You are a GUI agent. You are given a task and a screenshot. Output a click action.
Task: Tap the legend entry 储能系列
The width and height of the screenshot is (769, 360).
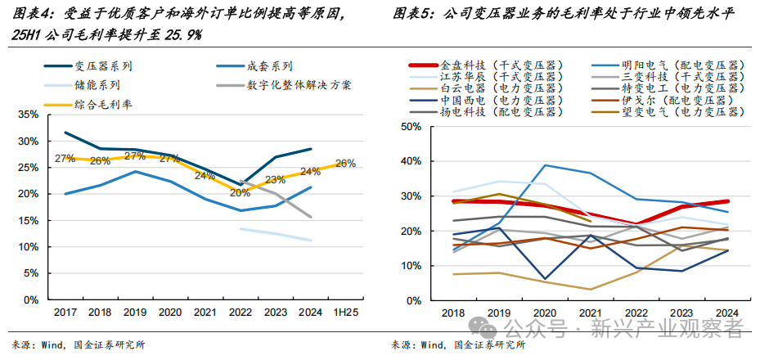(97, 85)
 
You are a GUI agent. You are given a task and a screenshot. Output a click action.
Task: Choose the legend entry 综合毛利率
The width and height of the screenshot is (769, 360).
(104, 105)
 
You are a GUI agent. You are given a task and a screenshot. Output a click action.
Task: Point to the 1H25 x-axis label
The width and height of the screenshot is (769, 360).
(345, 313)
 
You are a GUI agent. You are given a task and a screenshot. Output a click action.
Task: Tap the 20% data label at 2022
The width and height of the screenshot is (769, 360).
(240, 194)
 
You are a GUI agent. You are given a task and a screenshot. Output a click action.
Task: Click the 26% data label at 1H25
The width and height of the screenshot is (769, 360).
(345, 164)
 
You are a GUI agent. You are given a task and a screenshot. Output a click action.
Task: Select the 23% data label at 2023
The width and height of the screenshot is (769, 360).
(275, 180)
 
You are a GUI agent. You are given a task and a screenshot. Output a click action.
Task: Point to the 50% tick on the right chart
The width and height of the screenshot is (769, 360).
(410, 126)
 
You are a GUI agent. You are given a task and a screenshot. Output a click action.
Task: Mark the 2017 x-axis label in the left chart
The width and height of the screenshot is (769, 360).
(65, 313)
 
